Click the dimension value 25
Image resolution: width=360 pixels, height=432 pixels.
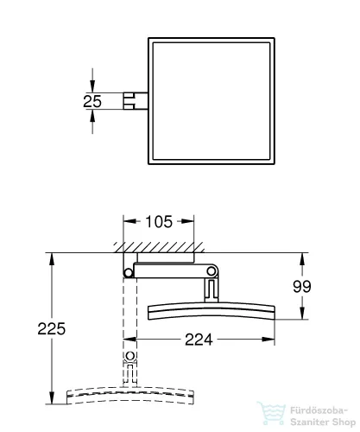[x=92, y=101]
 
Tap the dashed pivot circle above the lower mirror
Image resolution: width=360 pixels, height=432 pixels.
[x=129, y=356]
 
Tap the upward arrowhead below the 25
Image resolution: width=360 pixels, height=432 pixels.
[x=92, y=116]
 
